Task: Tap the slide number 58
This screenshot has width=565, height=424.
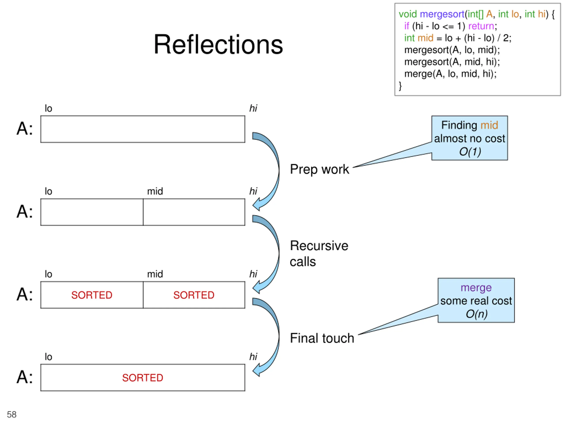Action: coord(11,414)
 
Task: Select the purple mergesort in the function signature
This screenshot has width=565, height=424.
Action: coord(442,14)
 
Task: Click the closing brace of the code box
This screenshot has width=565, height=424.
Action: coord(400,86)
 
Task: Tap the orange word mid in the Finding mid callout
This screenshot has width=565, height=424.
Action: coord(489,125)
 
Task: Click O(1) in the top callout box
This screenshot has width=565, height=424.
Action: coord(470,152)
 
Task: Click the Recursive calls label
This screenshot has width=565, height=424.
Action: coord(319,254)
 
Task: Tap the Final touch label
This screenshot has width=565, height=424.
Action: coord(322,338)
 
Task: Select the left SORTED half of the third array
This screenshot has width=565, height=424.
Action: coord(92,295)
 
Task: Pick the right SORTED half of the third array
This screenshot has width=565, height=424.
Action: coord(194,295)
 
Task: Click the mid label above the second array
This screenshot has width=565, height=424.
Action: coord(155,191)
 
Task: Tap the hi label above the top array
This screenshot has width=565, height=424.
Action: coord(253,108)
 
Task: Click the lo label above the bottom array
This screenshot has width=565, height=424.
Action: coord(48,357)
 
